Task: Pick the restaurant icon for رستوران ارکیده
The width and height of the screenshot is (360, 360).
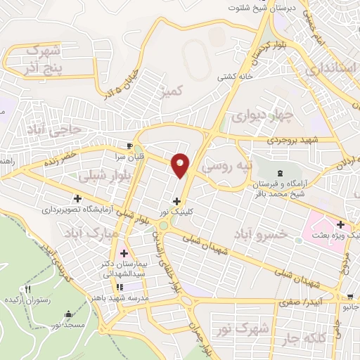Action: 28,288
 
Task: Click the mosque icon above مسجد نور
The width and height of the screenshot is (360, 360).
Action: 67,314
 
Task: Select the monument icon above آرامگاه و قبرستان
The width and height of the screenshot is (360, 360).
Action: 281,172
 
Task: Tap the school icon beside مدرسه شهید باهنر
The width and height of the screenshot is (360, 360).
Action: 120,286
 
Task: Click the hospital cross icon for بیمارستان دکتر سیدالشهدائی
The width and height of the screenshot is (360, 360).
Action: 124,252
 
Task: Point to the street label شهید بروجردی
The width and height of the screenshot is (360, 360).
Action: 290,140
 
